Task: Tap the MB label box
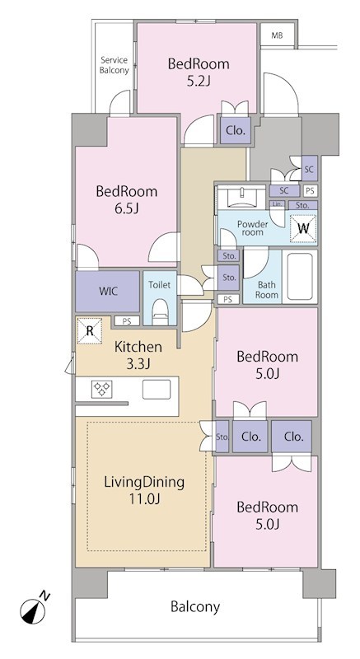(277, 35)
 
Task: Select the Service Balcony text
(114, 65)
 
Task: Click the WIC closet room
(108, 292)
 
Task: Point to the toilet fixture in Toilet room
(160, 311)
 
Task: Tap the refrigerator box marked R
(90, 330)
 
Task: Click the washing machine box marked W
(303, 228)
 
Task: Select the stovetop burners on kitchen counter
(101, 389)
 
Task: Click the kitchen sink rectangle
(157, 389)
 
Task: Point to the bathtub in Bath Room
(300, 276)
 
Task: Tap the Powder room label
(252, 227)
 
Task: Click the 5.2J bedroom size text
(199, 81)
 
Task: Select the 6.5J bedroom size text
(126, 208)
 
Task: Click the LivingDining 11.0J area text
(144, 489)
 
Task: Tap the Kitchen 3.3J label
(138, 355)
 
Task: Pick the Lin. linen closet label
(278, 203)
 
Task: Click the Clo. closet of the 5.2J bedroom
(236, 130)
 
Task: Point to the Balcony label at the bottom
(195, 606)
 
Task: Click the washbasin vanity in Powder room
(242, 197)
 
